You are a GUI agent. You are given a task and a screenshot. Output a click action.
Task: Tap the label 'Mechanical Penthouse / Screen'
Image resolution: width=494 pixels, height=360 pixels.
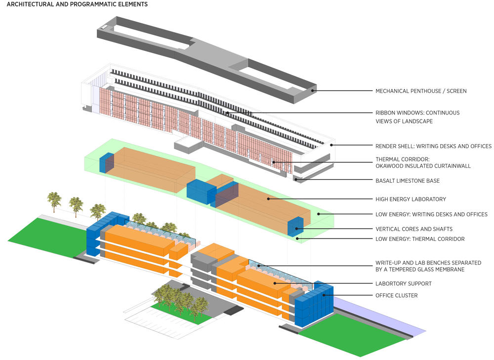click(x=421, y=91)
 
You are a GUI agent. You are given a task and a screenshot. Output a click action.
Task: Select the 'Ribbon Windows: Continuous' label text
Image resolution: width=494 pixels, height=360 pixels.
click(x=417, y=113)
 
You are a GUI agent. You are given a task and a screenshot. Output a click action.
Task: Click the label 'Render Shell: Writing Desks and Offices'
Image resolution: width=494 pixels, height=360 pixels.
click(x=433, y=146)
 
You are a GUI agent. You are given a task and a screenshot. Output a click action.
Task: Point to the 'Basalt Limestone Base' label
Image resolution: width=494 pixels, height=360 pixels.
click(x=408, y=181)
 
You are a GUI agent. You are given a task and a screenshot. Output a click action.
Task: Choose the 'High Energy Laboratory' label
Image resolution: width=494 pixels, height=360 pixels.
click(x=411, y=200)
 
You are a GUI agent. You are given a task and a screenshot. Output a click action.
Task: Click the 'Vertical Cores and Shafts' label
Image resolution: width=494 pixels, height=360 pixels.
click(x=414, y=229)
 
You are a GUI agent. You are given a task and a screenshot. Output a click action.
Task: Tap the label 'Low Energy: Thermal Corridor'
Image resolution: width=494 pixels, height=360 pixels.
click(x=420, y=239)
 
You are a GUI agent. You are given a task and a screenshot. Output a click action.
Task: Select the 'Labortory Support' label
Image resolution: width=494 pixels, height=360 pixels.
click(x=404, y=283)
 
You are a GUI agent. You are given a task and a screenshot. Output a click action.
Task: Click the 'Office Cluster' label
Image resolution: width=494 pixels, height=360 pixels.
click(x=396, y=295)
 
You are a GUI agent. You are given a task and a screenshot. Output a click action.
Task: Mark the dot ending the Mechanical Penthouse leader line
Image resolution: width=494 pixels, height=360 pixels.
click(x=312, y=91)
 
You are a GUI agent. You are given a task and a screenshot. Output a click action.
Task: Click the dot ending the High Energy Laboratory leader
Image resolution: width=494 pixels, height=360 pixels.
click(x=268, y=199)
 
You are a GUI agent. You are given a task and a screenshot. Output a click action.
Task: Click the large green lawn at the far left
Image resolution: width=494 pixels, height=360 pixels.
click(x=47, y=237)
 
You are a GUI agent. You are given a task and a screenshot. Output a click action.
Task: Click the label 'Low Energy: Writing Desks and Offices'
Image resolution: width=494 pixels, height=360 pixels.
click(x=431, y=214)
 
